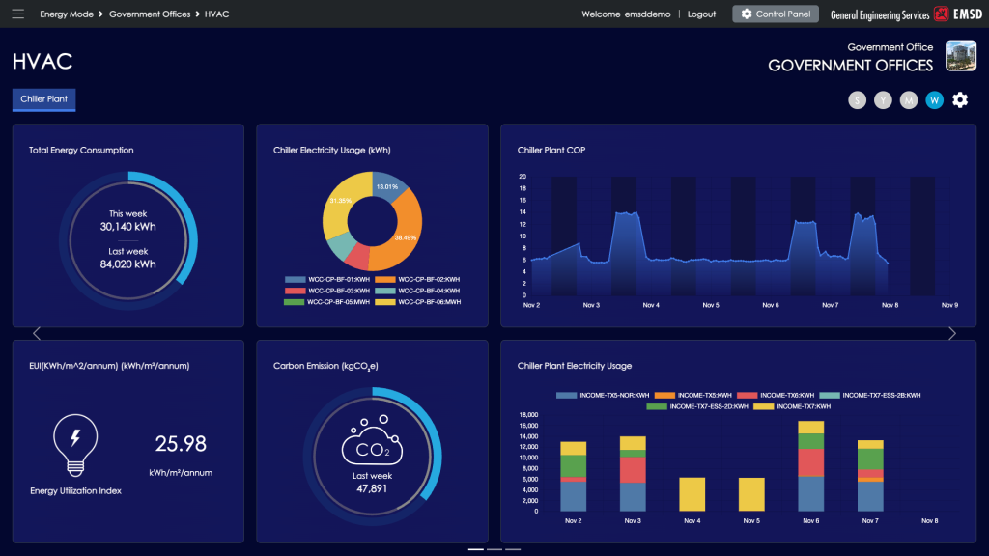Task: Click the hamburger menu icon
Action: (17, 14)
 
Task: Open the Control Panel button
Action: (776, 14)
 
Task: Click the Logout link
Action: (701, 14)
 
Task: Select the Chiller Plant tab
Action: (43, 99)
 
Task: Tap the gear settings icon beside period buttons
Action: (960, 99)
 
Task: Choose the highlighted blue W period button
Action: (934, 100)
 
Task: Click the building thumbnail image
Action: (960, 56)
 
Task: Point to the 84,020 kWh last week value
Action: (127, 264)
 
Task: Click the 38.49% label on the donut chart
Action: (405, 237)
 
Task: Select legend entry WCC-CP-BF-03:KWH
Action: (332, 291)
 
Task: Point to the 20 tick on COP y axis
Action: (523, 177)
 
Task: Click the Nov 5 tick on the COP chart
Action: (711, 305)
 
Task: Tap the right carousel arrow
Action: (952, 334)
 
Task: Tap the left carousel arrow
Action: (37, 334)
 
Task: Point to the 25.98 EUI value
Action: (181, 444)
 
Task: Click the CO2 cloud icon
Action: (373, 444)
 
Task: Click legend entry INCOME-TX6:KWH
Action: (777, 395)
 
